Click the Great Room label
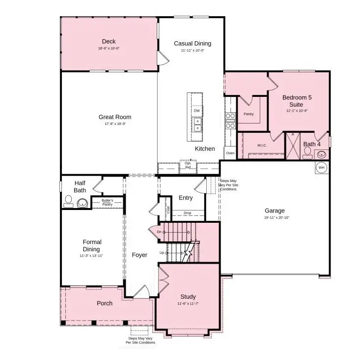pyautogui.click(x=115, y=117)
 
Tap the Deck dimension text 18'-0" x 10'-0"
pyautogui.click(x=109, y=49)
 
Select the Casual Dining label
pyautogui.click(x=189, y=44)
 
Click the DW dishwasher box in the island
pyautogui.click(x=196, y=111)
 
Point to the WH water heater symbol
pyautogui.click(x=322, y=167)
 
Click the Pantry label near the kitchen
pyautogui.click(x=248, y=114)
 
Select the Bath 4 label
pyautogui.click(x=312, y=144)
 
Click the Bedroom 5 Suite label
pyautogui.click(x=297, y=101)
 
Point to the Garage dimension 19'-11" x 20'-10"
pyautogui.click(x=275, y=217)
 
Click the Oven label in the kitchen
pyautogui.click(x=230, y=153)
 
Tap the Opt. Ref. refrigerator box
pyautogui.click(x=188, y=165)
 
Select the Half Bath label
pyautogui.click(x=80, y=186)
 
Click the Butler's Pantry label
pyautogui.click(x=107, y=202)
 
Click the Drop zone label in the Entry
pyautogui.click(x=188, y=213)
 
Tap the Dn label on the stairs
pyautogui.click(x=160, y=231)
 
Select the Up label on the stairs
pyautogui.click(x=162, y=253)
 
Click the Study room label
pyautogui.click(x=188, y=297)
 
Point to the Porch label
pyautogui.click(x=104, y=303)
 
